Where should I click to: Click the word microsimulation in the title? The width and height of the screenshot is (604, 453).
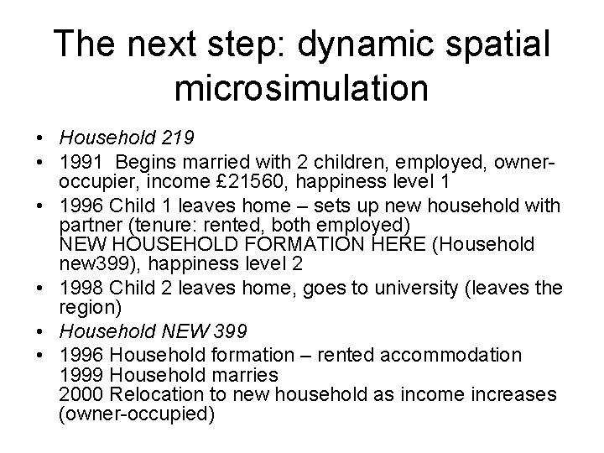pyautogui.click(x=301, y=88)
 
